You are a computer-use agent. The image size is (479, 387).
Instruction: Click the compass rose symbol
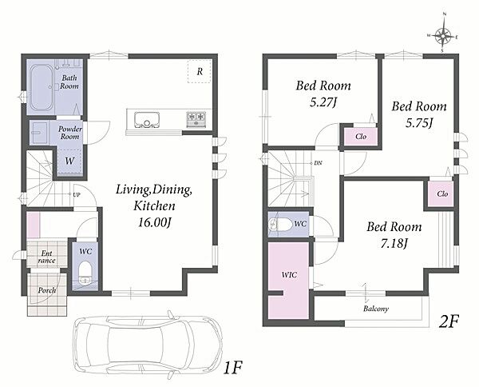(x=443, y=37)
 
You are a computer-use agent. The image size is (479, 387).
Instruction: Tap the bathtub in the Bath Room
(x=42, y=88)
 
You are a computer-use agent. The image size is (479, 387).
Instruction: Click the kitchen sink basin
(x=147, y=120)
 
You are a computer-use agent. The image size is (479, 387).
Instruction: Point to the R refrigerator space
(x=200, y=72)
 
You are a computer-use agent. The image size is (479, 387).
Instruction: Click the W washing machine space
(x=69, y=162)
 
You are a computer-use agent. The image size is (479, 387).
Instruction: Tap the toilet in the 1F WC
(x=84, y=273)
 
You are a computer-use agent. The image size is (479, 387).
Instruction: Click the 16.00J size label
(x=154, y=222)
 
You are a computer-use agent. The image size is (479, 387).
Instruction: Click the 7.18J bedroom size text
(x=394, y=243)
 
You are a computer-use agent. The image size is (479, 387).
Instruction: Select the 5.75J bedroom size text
(x=419, y=123)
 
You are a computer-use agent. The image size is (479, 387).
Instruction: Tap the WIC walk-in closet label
(x=289, y=275)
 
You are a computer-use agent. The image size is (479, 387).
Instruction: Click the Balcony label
(x=376, y=309)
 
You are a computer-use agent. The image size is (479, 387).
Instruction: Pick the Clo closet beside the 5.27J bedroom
(x=361, y=137)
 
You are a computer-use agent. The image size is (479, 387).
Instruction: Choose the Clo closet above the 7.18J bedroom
(x=442, y=194)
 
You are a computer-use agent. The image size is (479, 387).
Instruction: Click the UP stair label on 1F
(x=77, y=194)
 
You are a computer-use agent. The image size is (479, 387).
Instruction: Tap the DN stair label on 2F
(x=318, y=163)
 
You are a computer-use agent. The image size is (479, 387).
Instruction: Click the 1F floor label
(x=233, y=368)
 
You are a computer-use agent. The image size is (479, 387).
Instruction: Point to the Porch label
(x=47, y=290)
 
